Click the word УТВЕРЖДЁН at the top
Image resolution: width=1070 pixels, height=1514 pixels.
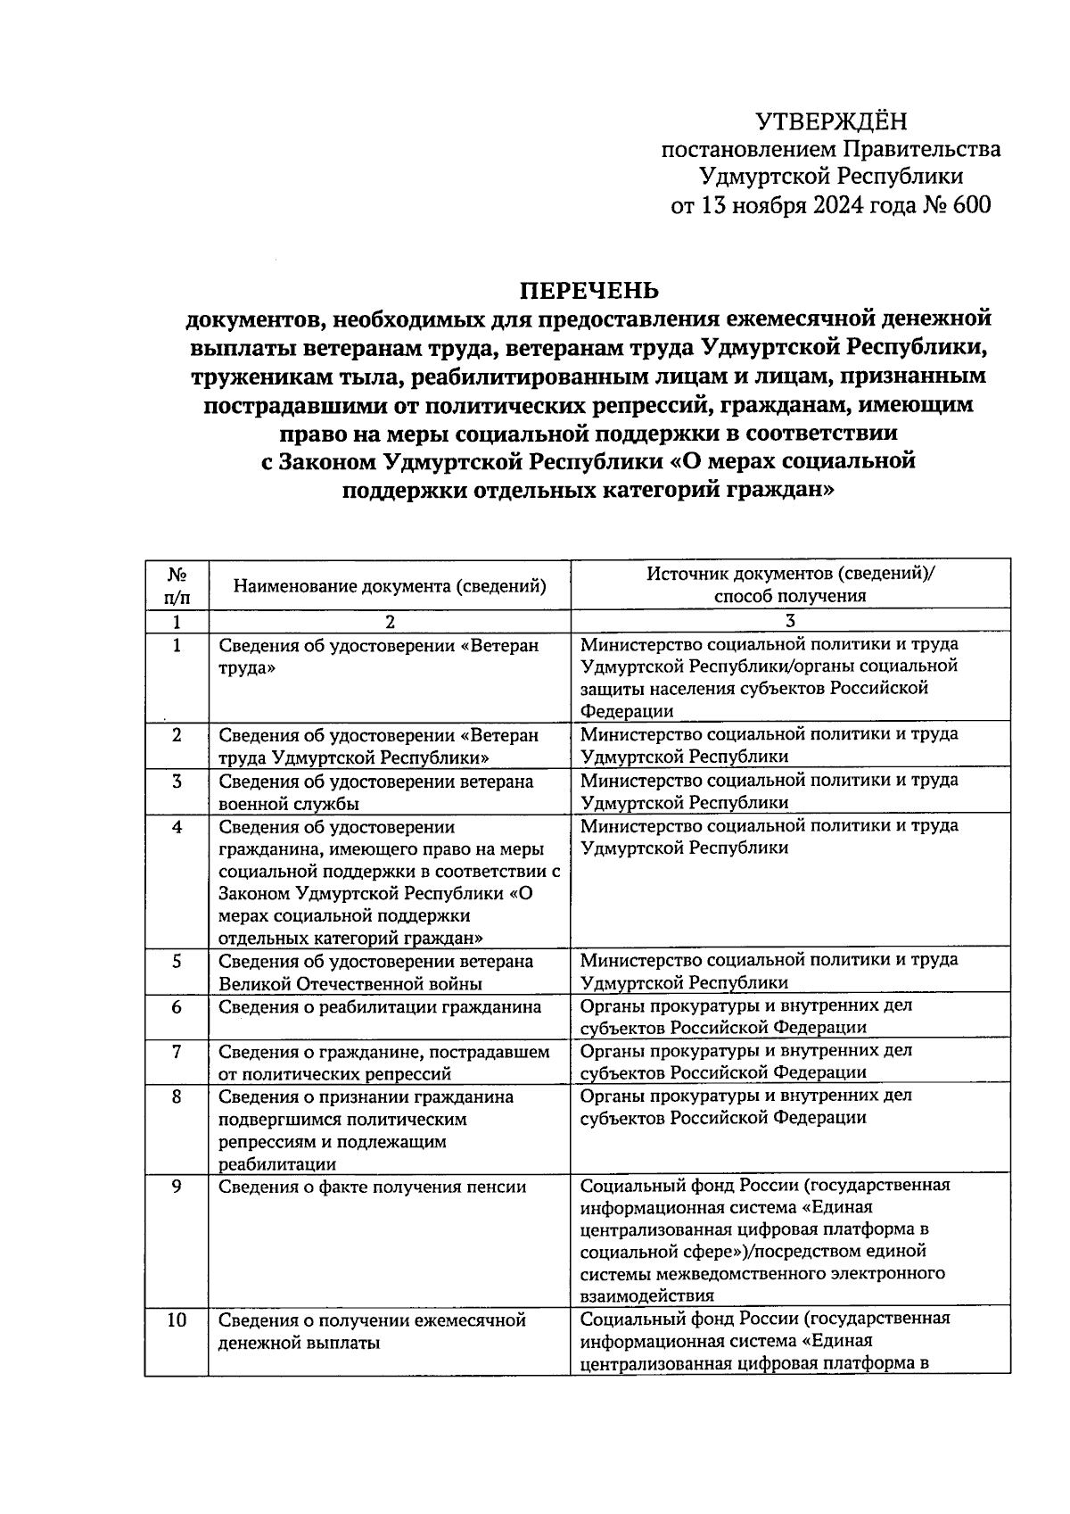pos(830,121)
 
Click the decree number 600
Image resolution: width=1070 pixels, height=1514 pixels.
pos(971,205)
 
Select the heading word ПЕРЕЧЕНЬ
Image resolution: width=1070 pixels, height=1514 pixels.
pos(589,291)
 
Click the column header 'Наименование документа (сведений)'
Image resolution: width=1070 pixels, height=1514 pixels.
pos(390,586)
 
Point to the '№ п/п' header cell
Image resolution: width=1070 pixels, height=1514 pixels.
pos(177,585)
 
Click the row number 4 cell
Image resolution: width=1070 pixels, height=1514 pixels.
pos(177,827)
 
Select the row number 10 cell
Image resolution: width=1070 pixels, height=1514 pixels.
pos(177,1320)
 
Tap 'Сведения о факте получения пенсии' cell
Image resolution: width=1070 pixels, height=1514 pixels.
pos(373,1187)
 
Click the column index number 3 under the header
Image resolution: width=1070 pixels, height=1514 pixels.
pos(790,622)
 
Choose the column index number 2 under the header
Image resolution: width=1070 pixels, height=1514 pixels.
pos(390,622)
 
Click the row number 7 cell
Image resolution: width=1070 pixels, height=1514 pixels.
pos(177,1052)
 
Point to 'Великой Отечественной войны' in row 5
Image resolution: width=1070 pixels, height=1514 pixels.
pos(350,984)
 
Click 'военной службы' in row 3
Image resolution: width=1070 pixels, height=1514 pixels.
pos(289,803)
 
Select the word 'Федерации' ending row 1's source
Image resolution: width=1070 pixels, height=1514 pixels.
pos(627,711)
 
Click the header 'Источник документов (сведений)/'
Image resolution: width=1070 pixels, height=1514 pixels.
pos(790,575)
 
